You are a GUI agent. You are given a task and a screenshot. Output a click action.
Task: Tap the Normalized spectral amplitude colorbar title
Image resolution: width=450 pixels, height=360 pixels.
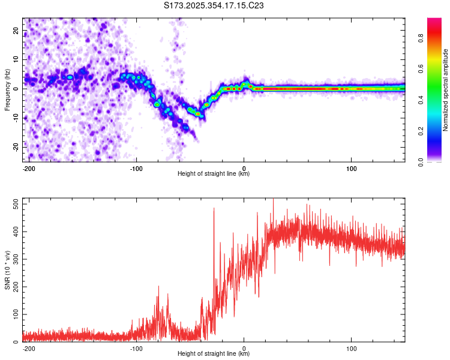[x=446, y=90]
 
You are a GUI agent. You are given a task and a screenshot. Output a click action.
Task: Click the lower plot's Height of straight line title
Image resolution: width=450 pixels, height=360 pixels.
[x=214, y=354]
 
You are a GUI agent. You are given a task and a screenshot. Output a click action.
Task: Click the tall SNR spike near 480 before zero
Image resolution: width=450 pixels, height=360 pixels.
[x=214, y=209]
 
